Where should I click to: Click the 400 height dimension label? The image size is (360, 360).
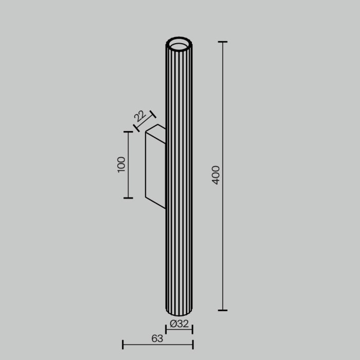[216, 175]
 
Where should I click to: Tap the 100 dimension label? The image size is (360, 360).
[121, 164]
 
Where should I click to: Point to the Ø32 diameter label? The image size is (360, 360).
[179, 324]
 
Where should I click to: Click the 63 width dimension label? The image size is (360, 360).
[157, 338]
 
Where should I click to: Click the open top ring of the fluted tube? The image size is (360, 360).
[179, 44]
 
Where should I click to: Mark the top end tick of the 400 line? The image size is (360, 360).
[222, 42]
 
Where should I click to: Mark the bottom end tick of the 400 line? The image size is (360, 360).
[222, 310]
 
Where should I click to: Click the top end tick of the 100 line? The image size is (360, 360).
[128, 132]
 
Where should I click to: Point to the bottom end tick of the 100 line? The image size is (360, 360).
[128, 197]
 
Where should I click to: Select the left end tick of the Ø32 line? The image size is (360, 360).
[166, 330]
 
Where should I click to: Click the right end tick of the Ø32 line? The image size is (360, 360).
[192, 330]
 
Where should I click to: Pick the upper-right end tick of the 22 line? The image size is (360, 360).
[152, 114]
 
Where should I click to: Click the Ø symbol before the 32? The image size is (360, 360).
[173, 324]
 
